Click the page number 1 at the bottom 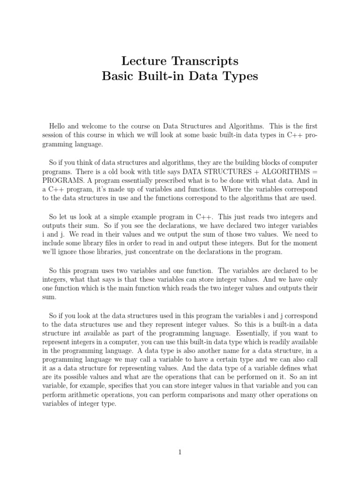(x=180, y=452)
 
